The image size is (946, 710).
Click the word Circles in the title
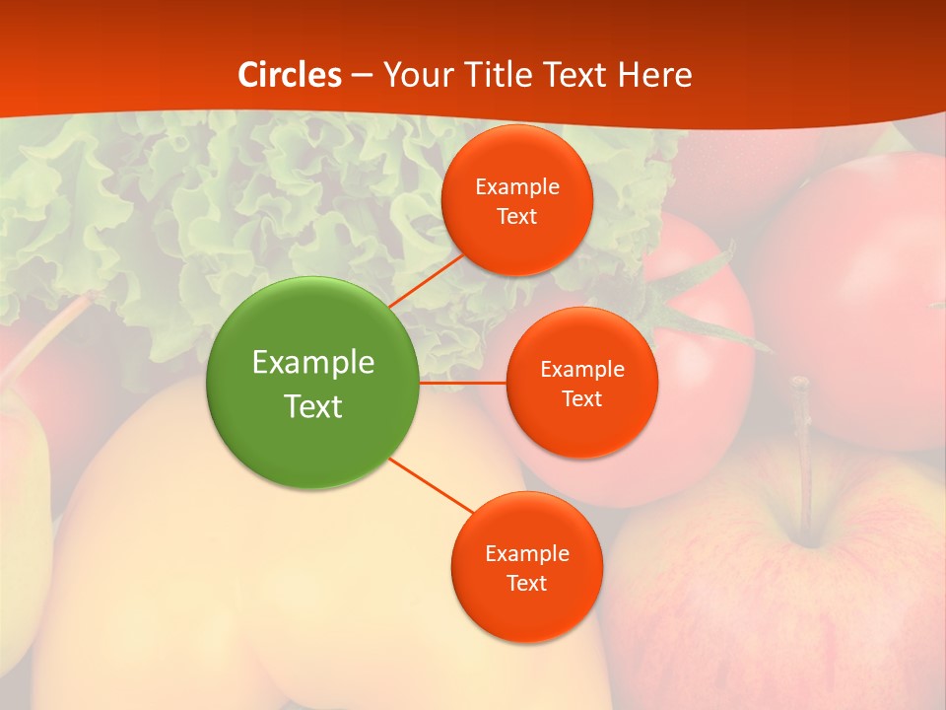click(x=290, y=75)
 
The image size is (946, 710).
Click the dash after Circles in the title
click(x=362, y=76)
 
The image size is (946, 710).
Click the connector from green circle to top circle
click(x=426, y=281)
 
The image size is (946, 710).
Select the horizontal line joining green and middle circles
click(x=462, y=383)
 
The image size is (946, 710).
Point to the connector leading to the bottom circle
click(x=431, y=484)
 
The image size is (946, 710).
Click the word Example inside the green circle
click(x=313, y=362)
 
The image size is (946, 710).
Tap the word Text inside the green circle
click(x=313, y=406)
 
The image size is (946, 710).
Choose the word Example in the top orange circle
click(x=517, y=187)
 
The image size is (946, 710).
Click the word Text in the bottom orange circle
click(x=526, y=583)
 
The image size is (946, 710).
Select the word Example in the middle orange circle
click(x=582, y=370)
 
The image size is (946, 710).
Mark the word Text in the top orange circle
click(x=517, y=217)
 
